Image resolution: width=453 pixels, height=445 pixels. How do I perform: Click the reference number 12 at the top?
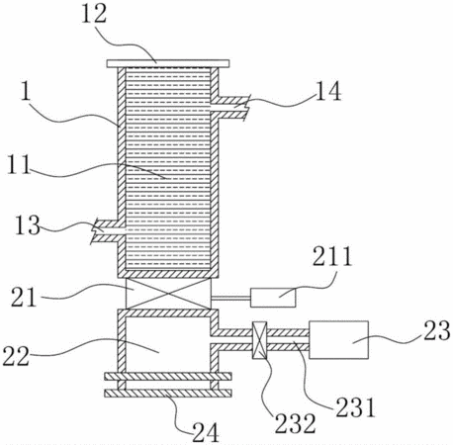[94, 14]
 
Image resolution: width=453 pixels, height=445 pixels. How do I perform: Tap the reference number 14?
[328, 91]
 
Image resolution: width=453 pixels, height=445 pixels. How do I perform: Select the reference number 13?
[28, 225]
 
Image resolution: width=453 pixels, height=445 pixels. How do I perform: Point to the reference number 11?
[19, 164]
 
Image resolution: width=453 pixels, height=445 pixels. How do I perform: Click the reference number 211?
[332, 256]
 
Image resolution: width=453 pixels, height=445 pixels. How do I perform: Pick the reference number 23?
[437, 330]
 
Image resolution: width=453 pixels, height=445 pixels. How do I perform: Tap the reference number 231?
[355, 407]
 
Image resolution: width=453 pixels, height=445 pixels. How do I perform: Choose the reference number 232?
[296, 423]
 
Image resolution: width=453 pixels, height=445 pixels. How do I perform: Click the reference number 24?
[206, 432]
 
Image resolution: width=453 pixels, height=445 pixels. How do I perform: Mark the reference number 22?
[16, 356]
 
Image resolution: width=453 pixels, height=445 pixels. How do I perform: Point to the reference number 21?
[23, 297]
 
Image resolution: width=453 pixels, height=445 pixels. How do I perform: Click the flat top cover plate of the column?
[168, 63]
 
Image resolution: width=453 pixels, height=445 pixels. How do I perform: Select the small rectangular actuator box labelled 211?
[273, 298]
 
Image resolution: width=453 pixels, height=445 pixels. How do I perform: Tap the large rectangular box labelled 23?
[338, 339]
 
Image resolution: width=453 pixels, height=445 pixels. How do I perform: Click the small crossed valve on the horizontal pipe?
[259, 340]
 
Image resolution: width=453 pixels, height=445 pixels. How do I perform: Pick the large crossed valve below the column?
[168, 293]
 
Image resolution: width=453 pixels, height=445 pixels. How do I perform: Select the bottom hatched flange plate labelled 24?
[168, 393]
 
